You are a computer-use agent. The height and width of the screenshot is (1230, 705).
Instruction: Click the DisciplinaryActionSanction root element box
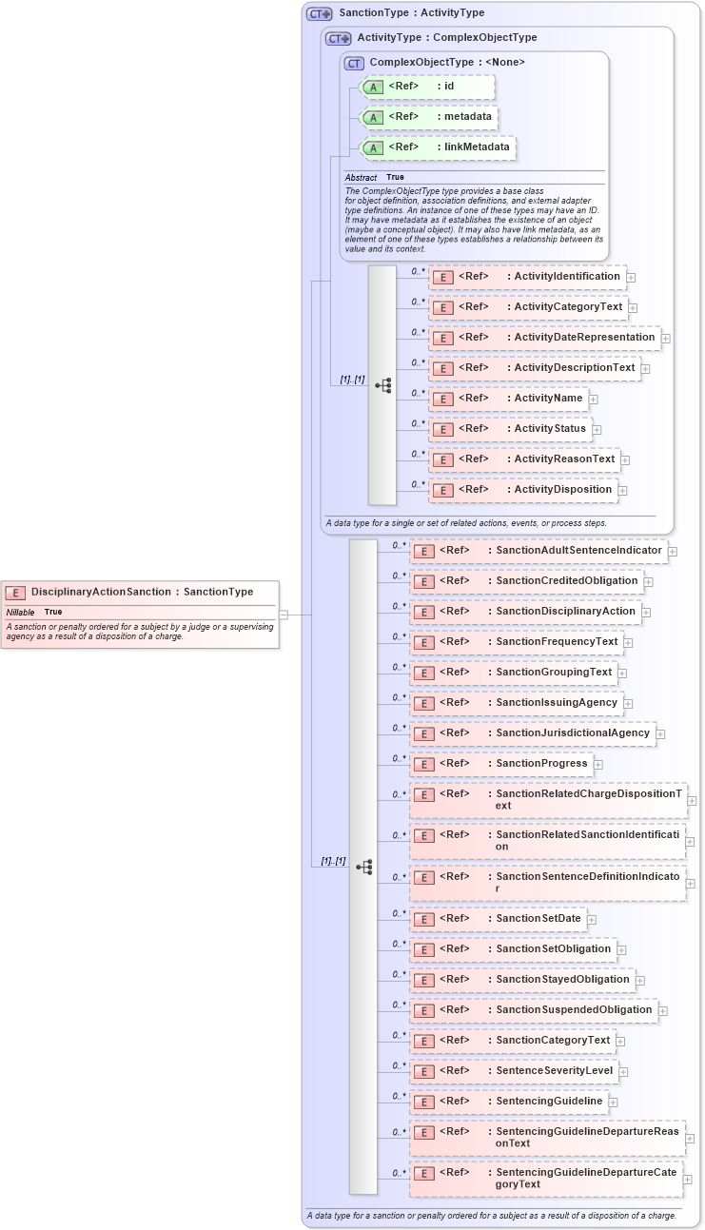tap(141, 592)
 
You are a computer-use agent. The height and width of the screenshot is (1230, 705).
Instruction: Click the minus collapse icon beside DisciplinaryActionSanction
tap(284, 615)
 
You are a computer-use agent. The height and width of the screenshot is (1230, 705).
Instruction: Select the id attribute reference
tap(427, 87)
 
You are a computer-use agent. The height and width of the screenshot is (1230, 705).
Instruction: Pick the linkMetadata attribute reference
tap(437, 147)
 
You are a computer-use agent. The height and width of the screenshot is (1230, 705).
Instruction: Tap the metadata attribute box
tap(429, 117)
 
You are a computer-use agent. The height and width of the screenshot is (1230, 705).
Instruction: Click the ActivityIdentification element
tap(527, 277)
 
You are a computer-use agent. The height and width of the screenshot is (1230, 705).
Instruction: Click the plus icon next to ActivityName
tap(594, 399)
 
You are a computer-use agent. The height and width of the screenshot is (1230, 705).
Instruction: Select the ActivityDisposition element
tap(522, 490)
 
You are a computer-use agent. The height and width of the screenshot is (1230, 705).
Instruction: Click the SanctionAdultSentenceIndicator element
tap(538, 551)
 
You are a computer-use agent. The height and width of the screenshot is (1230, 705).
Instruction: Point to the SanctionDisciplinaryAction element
tap(524, 612)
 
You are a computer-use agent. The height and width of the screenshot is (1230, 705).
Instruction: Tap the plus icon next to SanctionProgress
tap(598, 764)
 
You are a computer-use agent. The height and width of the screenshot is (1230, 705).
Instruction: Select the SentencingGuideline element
tap(508, 1102)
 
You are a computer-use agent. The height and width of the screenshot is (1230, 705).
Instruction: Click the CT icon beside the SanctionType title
tap(319, 14)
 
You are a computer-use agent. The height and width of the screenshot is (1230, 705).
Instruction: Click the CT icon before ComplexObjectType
tap(354, 63)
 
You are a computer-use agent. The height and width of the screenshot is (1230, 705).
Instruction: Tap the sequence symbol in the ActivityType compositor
tap(382, 385)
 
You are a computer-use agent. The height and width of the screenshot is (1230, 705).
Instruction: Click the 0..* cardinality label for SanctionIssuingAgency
tap(399, 697)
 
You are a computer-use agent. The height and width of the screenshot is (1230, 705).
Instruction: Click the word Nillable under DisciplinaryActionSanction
tap(21, 612)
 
